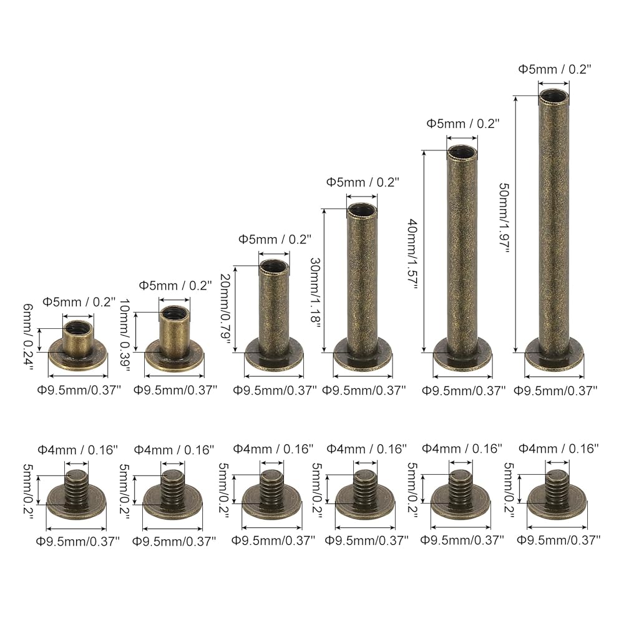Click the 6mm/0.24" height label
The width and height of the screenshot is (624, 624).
(x=29, y=337)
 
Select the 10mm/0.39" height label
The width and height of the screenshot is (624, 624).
(x=125, y=336)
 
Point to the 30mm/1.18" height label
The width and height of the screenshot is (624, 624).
(x=315, y=293)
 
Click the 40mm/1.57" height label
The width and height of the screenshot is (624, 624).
(x=412, y=255)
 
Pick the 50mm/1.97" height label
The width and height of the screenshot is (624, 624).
(x=505, y=218)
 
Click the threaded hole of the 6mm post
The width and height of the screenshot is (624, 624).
(x=78, y=328)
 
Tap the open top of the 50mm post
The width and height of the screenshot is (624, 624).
(x=554, y=96)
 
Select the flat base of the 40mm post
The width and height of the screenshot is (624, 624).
(x=462, y=355)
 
